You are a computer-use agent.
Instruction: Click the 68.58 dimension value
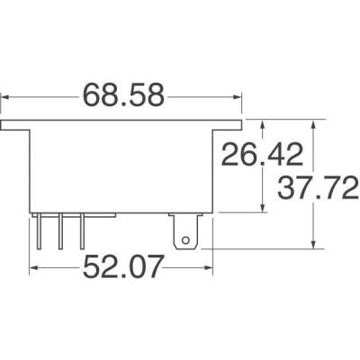point(124,94)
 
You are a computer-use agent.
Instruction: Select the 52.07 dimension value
point(125,267)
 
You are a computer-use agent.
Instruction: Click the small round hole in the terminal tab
point(186,240)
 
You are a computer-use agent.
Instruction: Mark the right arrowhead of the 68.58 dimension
point(238,94)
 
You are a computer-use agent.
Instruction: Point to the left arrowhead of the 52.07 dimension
point(35,266)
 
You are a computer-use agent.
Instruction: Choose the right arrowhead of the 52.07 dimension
point(209,266)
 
